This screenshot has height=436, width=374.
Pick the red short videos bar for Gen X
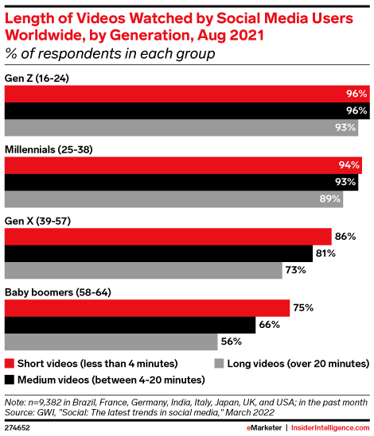(x=168, y=236)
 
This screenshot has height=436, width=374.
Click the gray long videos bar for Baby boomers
(x=111, y=342)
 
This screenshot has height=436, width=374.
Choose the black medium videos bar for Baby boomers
(x=131, y=325)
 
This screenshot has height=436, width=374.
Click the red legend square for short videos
(x=10, y=363)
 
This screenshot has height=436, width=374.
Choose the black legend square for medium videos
(x=10, y=379)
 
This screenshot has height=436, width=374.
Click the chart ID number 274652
(x=19, y=426)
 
